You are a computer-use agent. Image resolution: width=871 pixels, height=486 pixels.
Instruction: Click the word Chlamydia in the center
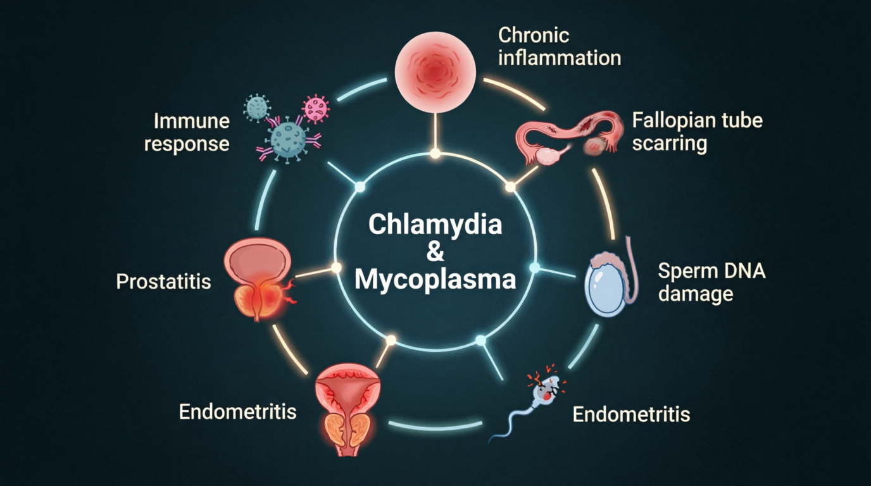point(435,225)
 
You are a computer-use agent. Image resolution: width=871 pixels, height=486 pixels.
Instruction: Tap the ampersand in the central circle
point(435,252)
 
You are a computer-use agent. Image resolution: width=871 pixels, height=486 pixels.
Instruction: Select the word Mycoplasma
point(435,280)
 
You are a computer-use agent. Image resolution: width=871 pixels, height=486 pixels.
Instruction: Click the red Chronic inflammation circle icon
point(435,72)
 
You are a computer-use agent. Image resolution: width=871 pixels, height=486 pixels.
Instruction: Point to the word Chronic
point(534,35)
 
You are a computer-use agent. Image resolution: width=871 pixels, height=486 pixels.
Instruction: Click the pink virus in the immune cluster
point(316,109)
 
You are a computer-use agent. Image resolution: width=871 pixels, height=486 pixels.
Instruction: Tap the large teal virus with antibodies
point(288,139)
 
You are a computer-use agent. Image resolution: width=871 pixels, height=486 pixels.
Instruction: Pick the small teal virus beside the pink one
point(256,107)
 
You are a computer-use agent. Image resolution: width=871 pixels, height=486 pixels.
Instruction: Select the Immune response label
point(187,132)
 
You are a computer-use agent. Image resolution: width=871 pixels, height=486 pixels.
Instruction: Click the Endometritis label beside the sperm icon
point(631,414)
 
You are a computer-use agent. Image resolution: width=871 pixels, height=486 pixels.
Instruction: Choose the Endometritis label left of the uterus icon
point(237,411)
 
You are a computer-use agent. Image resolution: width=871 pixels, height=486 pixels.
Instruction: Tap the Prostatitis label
point(163,281)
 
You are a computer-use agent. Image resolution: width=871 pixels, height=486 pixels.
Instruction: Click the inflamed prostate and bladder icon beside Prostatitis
point(258,279)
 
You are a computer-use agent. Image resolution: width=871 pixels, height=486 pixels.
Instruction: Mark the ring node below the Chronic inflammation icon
point(435,154)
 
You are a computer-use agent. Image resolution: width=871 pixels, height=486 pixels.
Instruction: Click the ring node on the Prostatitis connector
point(336,268)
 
